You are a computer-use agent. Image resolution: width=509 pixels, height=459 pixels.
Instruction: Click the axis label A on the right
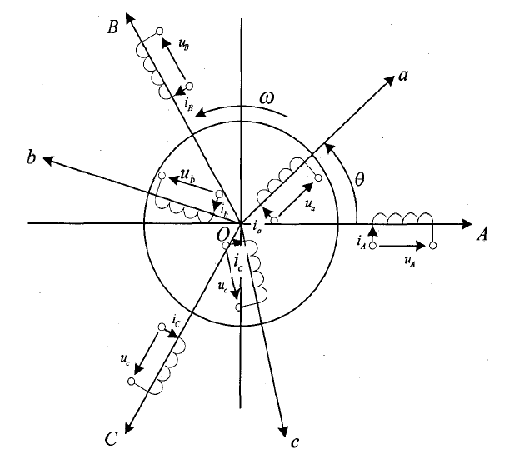pyautogui.click(x=482, y=236)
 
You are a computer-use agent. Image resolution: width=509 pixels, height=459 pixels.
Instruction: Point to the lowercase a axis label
pyautogui.click(x=402, y=77)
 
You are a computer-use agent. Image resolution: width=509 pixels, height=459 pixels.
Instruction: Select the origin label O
pyautogui.click(x=223, y=237)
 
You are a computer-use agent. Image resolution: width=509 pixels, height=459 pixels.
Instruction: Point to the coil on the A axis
pyautogui.click(x=403, y=218)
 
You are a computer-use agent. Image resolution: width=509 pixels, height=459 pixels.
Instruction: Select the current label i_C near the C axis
pyautogui.click(x=177, y=320)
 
